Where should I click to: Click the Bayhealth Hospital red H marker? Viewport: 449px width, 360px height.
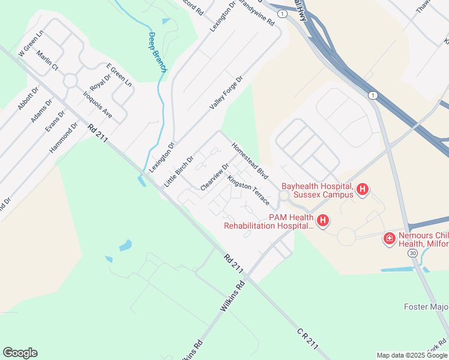(363, 190)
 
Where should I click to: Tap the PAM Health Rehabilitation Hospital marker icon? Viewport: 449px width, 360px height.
(323, 221)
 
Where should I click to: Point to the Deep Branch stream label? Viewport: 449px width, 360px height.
(157, 52)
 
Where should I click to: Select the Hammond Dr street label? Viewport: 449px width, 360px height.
(64, 137)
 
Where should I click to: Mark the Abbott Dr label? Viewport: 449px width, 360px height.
(28, 98)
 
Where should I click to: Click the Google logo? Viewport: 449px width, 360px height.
(20, 353)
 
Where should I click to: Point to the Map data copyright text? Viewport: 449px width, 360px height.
(411, 355)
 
